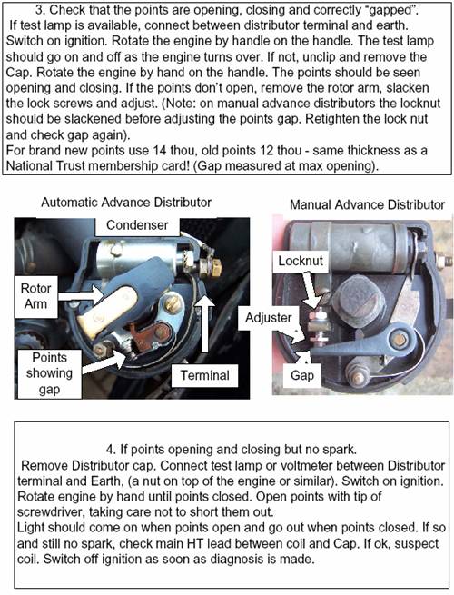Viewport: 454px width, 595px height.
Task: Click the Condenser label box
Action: tap(137, 226)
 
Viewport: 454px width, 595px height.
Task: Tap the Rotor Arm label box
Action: tap(36, 297)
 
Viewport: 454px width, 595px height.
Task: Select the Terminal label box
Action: tap(205, 376)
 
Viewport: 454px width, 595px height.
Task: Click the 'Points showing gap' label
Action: tap(49, 373)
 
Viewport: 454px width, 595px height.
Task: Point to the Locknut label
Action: tap(301, 261)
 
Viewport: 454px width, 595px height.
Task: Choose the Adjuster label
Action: tap(269, 318)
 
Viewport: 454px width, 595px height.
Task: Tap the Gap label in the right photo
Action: tap(302, 376)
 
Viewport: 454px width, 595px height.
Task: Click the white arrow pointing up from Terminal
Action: tap(205, 323)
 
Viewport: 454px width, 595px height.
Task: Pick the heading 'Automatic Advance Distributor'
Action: tap(126, 203)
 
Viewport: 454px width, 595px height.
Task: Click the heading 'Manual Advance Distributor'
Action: tap(367, 205)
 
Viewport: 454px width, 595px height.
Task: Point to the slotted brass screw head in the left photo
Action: tap(173, 304)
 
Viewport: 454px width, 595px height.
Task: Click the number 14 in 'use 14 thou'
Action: tap(160, 151)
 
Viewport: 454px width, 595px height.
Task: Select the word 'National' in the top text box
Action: tap(32, 166)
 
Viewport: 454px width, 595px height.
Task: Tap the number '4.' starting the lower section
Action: tap(111, 450)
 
